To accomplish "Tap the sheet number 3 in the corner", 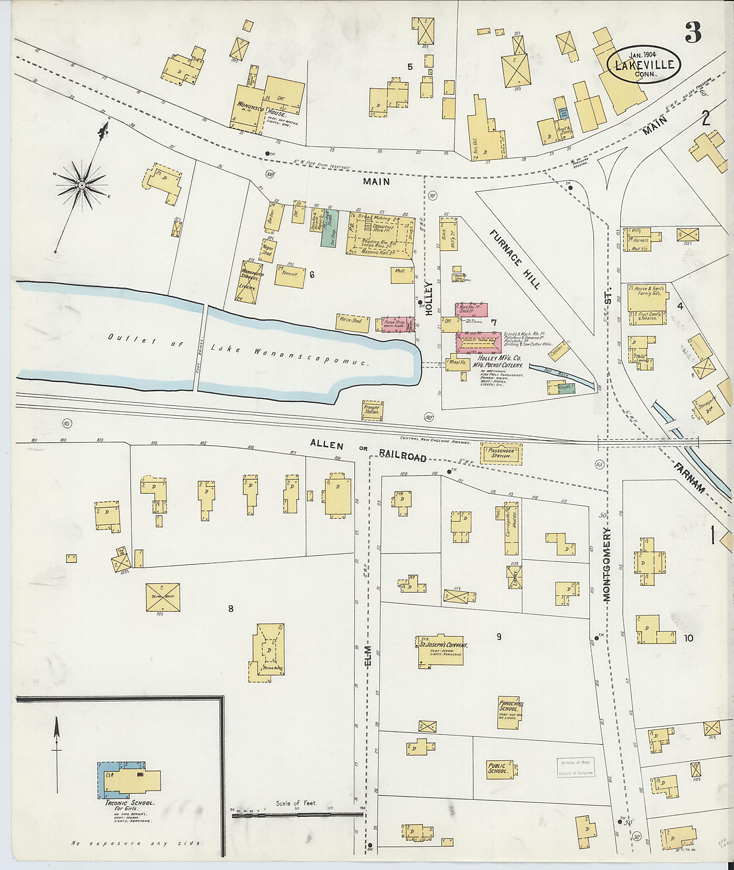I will [693, 32].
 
